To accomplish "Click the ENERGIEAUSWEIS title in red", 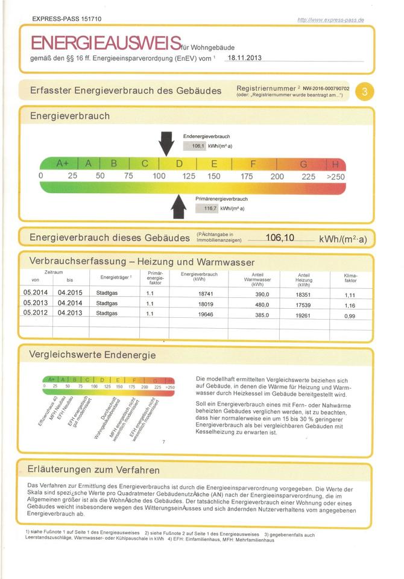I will (x=106, y=43).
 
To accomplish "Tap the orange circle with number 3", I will (x=365, y=92).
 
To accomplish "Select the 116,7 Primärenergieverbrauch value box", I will (x=207, y=208).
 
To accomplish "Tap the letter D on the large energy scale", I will (x=179, y=163).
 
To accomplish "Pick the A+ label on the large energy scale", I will (x=62, y=163).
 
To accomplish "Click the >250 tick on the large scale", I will (x=335, y=177).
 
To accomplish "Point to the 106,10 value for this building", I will (x=279, y=238).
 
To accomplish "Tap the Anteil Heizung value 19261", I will (x=303, y=314).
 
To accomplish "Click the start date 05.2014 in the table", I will (x=35, y=293).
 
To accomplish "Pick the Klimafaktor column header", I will (x=350, y=278).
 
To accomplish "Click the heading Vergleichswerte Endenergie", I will (x=92, y=355).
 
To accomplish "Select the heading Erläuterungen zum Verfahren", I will (x=94, y=469).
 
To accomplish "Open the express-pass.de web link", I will (x=330, y=20).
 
